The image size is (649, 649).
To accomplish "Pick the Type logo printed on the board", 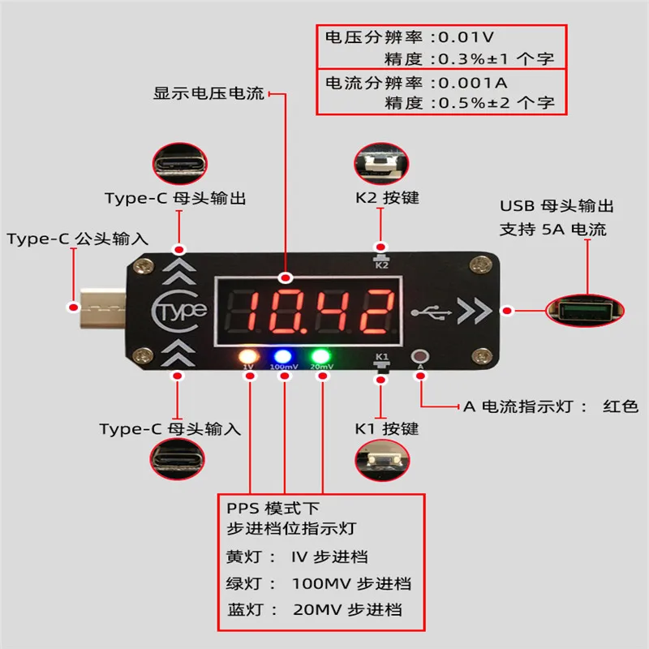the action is click(x=183, y=310).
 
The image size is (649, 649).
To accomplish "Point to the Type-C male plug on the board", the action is click(x=101, y=309).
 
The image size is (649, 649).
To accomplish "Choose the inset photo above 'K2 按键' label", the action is click(x=380, y=163).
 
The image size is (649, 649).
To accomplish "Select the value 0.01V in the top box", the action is click(x=465, y=37).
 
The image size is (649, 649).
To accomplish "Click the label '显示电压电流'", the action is click(x=208, y=93).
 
